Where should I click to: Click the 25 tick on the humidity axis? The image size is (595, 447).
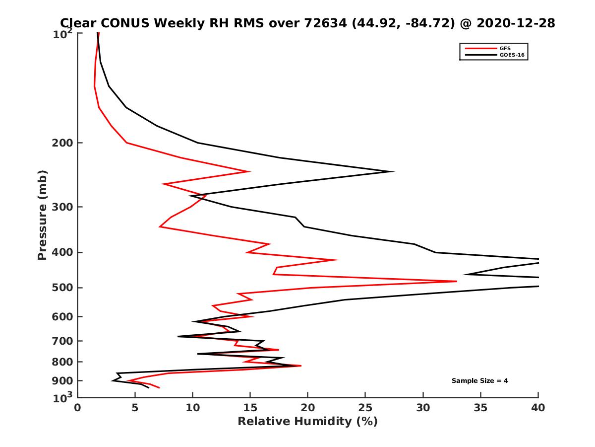[365, 408]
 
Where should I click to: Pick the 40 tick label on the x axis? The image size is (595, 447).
[538, 408]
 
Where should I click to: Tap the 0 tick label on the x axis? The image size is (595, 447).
[78, 408]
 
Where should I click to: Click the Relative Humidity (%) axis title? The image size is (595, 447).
[307, 422]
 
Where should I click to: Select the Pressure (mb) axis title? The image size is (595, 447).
[42, 215]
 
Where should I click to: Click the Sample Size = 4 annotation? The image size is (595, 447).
[479, 381]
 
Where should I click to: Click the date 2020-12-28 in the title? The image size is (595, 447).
[513, 23]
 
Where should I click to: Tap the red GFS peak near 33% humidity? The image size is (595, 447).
[457, 281]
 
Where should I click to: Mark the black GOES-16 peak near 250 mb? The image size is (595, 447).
[393, 171]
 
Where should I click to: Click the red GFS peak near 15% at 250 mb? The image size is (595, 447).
[249, 171]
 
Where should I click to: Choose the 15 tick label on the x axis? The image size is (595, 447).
[250, 408]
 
